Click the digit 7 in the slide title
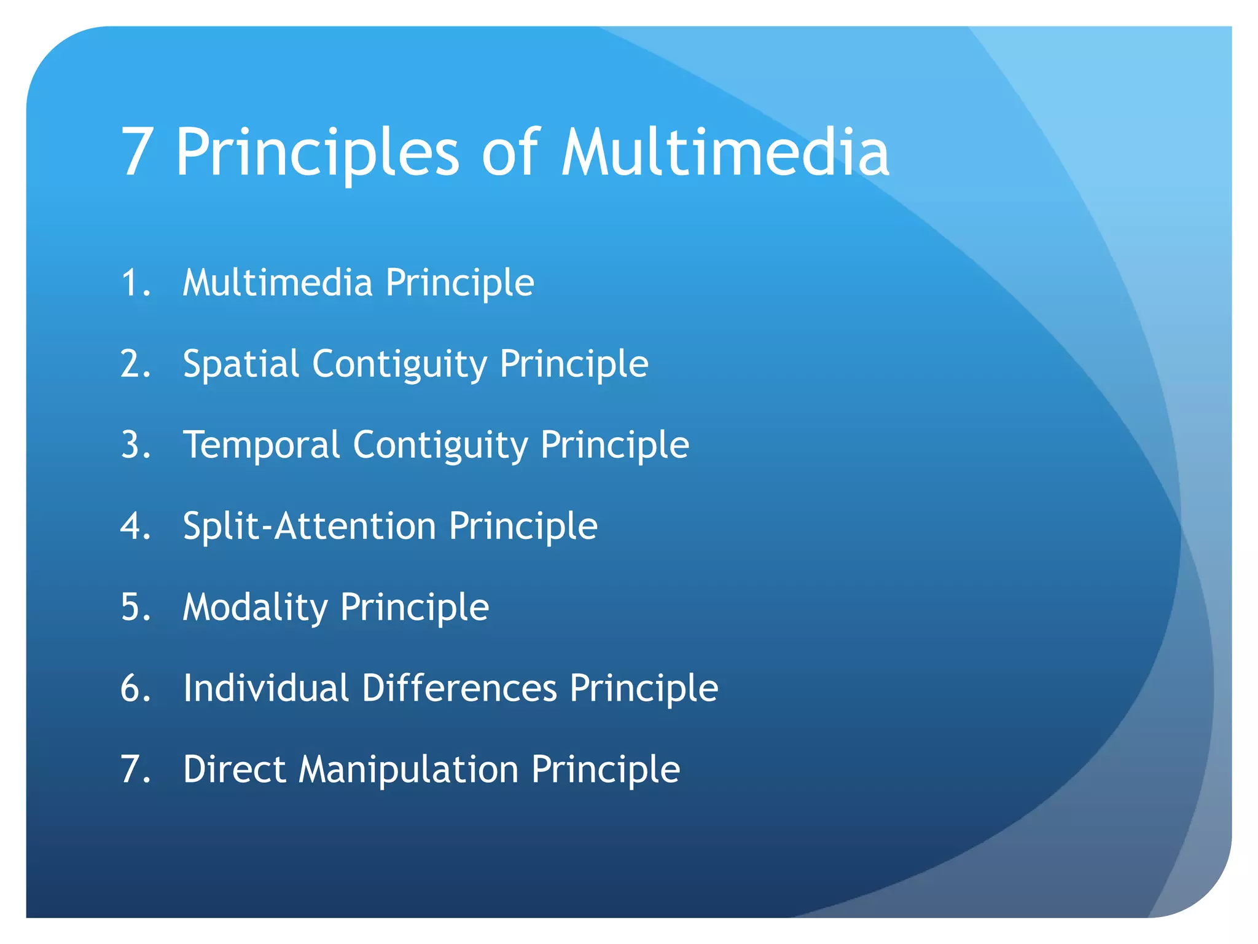click(x=136, y=152)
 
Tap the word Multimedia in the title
click(x=725, y=152)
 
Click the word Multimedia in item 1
click(x=278, y=283)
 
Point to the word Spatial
click(x=241, y=364)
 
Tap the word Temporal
click(x=261, y=445)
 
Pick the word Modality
click(x=256, y=607)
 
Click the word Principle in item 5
click(x=415, y=607)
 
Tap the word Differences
click(x=459, y=688)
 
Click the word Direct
click(x=235, y=769)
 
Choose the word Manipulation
click(x=408, y=769)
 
